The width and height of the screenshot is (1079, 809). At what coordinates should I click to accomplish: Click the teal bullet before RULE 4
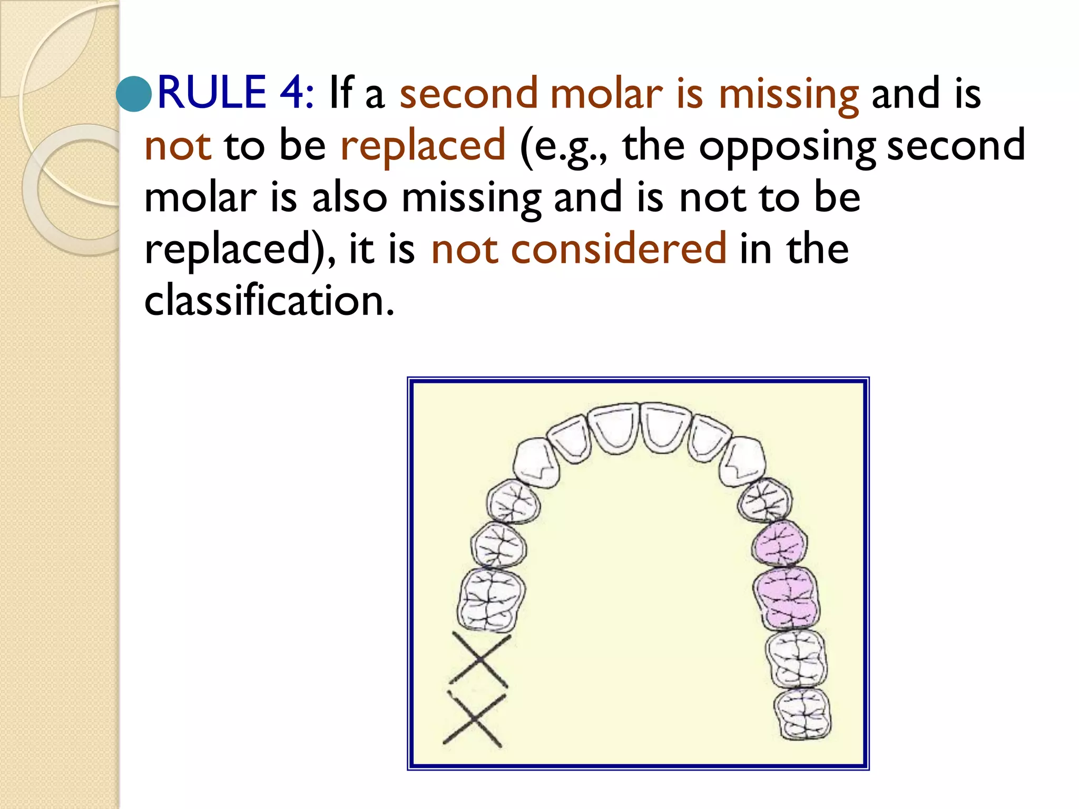pos(134,94)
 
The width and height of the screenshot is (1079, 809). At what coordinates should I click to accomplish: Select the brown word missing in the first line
pos(789,95)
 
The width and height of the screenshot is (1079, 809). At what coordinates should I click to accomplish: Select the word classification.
pos(269,300)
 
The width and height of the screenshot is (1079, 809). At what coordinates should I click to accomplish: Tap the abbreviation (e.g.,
pos(564,146)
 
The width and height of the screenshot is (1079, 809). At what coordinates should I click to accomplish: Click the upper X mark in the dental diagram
pos(480,660)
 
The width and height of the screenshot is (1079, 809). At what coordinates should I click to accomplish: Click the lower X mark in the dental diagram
pos(474,719)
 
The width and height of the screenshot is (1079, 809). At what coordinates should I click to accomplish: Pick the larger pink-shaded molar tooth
pos(786,598)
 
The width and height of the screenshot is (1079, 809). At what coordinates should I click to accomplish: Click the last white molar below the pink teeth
pos(802,714)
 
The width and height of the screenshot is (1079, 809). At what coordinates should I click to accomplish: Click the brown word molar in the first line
pos(606,95)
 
